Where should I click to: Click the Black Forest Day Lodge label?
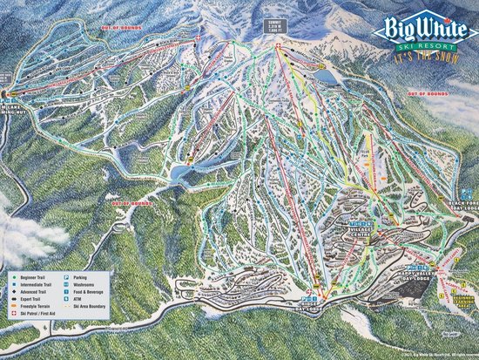coord(462,206)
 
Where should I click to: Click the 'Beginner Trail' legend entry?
coord(33,280)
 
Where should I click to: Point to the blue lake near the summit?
coord(330,77)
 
